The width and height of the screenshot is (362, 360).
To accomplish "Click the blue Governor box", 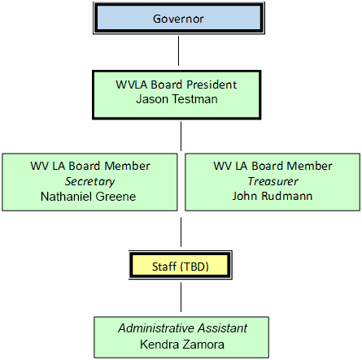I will [x=179, y=18].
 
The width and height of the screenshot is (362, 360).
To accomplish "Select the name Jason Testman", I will [x=179, y=99].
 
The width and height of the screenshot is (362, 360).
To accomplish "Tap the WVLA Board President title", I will [x=179, y=84].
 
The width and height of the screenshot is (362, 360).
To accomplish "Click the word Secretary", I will [x=89, y=181].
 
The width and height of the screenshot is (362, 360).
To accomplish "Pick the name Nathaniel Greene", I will [x=89, y=196].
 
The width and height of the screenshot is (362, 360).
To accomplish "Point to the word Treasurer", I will [x=273, y=181].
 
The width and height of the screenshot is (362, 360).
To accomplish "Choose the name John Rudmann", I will [x=273, y=196].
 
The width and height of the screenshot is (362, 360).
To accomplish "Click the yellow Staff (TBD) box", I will [x=181, y=265].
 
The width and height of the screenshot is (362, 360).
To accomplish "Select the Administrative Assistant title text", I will [x=181, y=328].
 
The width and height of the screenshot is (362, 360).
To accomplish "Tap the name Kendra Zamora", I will [x=181, y=343].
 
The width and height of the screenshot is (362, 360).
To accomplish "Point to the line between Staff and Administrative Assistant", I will [x=181, y=298].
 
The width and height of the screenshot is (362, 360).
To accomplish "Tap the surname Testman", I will [x=196, y=99].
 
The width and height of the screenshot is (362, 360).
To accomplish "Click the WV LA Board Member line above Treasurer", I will [x=273, y=166].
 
